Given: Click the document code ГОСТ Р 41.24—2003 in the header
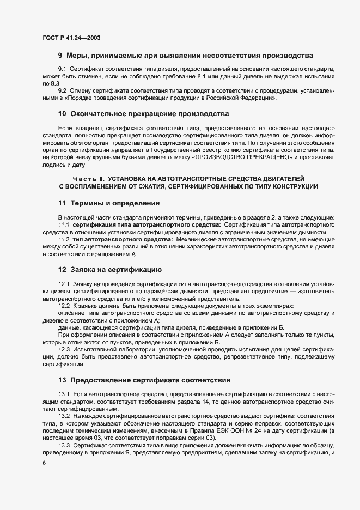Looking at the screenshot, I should tap(71, 38).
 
